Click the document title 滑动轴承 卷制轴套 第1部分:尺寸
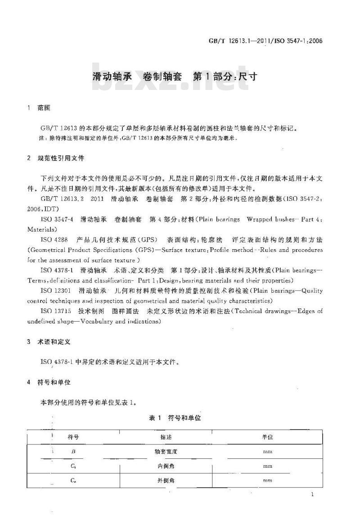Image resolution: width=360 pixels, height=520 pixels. (175, 76)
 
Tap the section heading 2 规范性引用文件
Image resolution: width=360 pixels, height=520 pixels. (56, 158)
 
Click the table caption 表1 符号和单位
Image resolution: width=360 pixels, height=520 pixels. (175, 418)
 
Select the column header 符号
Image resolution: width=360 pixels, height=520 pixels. (73, 437)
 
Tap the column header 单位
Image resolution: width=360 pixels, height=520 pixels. (267, 437)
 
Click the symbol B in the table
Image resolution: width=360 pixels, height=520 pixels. (73, 451)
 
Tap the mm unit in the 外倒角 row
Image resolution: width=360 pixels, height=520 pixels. (267, 481)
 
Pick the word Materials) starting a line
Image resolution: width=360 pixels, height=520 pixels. (40, 229)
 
